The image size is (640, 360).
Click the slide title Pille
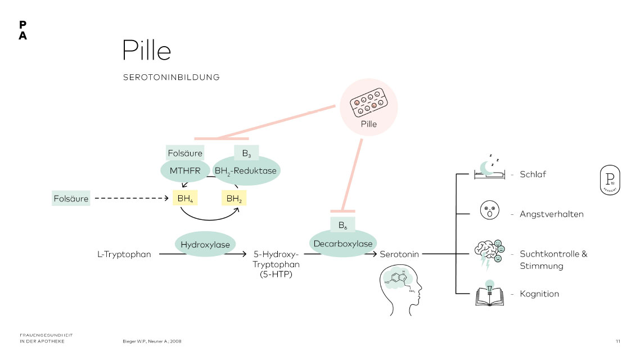pyautogui.click(x=147, y=50)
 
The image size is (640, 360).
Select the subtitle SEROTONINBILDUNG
pyautogui.click(x=171, y=77)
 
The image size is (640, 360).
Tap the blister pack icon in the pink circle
pyautogui.click(x=369, y=102)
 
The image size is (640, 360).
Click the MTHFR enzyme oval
pyautogui.click(x=185, y=170)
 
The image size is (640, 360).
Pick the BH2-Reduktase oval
pyautogui.click(x=246, y=170)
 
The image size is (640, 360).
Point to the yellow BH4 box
pyautogui.click(x=184, y=199)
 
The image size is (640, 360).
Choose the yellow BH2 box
pyautogui.click(x=234, y=199)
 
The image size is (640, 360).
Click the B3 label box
pyautogui.click(x=246, y=152)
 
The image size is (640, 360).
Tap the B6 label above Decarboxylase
pyautogui.click(x=342, y=225)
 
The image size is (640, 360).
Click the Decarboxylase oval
pyautogui.click(x=342, y=244)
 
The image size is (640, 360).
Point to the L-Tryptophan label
pyautogui.click(x=124, y=254)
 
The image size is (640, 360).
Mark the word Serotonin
pyautogui.click(x=400, y=254)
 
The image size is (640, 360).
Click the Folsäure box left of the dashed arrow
pyautogui.click(x=71, y=199)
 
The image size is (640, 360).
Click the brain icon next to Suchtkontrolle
pyautogui.click(x=487, y=252)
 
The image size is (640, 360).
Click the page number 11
pyautogui.click(x=618, y=341)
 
